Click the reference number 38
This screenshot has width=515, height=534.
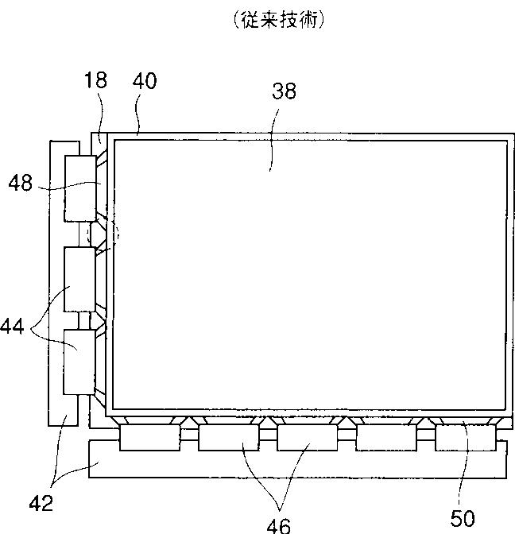coord(284,91)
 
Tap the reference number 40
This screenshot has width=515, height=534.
coord(145,80)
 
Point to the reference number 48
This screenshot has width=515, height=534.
coord(21,183)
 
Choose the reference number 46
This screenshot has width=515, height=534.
coord(279,523)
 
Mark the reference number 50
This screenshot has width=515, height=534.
coord(463,519)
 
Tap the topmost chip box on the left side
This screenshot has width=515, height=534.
coord(79,189)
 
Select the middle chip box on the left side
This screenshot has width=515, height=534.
coord(79,279)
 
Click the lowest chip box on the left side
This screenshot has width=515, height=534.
coord(79,362)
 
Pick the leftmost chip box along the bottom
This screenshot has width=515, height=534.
coord(149,437)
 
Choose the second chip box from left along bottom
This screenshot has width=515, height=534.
coord(228,437)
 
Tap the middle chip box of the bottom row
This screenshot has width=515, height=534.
coord(307,437)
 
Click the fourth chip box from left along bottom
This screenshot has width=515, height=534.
coord(385,437)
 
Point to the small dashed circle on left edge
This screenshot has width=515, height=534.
coord(111,234)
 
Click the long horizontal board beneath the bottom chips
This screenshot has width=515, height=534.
coord(296,469)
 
